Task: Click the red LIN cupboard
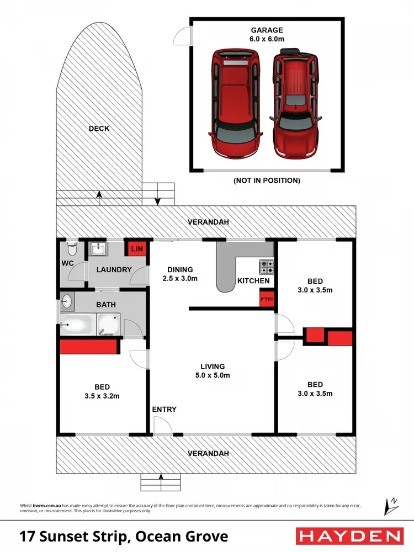click(136, 250)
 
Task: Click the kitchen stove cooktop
click(267, 267)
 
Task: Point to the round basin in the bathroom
click(66, 301)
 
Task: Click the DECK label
click(99, 129)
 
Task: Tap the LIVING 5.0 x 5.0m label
click(213, 370)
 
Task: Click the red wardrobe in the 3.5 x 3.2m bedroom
click(88, 347)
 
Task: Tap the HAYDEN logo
click(349, 536)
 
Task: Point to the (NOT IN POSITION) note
click(267, 181)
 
